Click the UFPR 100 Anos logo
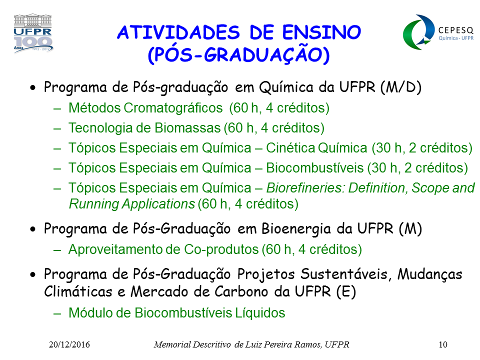pos(33,33)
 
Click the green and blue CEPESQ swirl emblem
pos(419,32)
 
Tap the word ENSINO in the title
pos(321,32)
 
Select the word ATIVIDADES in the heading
pos(178,32)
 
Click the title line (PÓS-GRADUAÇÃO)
pos(239,55)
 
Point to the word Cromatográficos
pos(173,108)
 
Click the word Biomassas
pos(187,128)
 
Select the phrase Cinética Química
pos(316,148)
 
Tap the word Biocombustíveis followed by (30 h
pos(314,168)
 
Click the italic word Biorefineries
pos(306,188)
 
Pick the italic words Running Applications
pos(132,204)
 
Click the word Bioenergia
pos(296,228)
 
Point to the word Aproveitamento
pos(116,249)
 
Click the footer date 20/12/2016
pos(69,344)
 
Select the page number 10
pos(443,344)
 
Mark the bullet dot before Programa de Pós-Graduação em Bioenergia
pos(33,229)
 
